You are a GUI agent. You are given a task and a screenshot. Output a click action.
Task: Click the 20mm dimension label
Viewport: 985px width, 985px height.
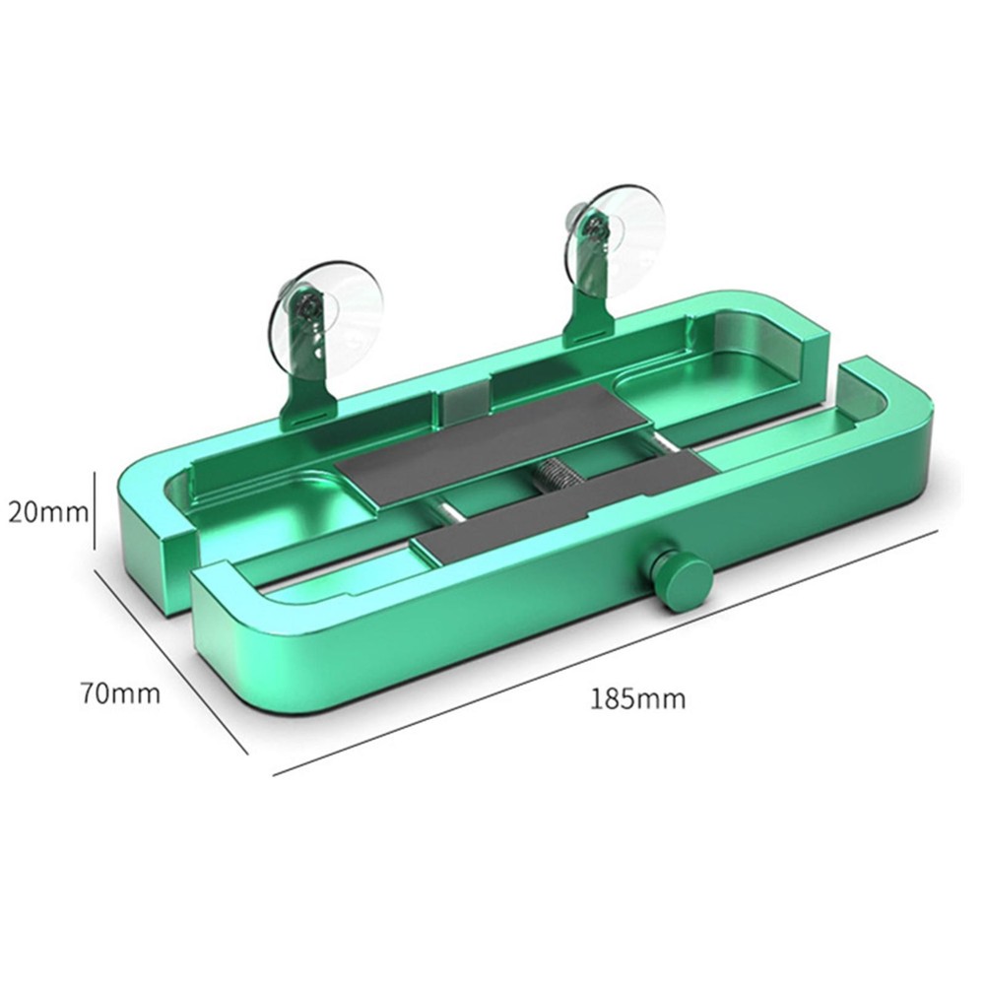pyautogui.click(x=47, y=511)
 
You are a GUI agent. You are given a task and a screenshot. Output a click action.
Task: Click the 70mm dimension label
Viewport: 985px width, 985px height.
pyautogui.click(x=120, y=693)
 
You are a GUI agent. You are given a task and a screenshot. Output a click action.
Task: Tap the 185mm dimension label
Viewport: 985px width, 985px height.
pyautogui.click(x=638, y=700)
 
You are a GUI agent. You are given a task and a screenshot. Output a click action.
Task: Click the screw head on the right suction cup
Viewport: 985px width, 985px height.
pyautogui.click(x=592, y=228)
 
